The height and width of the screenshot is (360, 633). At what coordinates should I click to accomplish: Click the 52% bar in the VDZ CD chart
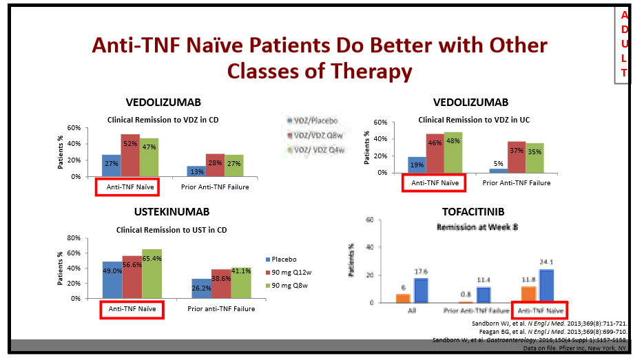point(130,155)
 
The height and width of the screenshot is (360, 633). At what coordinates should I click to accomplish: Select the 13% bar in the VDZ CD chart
point(196,171)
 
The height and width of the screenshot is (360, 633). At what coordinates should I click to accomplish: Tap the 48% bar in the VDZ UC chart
point(453,152)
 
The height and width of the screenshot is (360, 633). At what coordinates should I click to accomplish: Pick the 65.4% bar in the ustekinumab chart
point(152,274)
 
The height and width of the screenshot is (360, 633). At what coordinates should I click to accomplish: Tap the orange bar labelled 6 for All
point(403,298)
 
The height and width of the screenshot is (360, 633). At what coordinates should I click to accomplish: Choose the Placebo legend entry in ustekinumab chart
point(284,260)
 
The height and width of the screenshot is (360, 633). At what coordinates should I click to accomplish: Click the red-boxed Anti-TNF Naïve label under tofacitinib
point(540,311)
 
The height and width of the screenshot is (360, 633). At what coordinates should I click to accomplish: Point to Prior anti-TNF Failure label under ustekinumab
point(220,309)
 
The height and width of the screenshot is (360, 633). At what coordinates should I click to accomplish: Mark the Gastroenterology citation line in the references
point(530,339)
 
